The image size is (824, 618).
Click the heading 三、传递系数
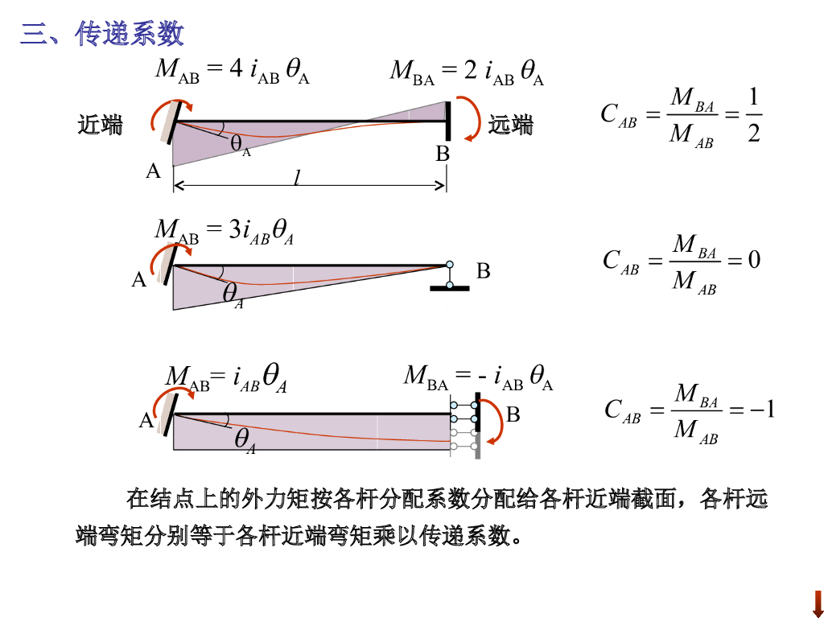[102, 33]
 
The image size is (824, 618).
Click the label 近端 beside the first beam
[100, 125]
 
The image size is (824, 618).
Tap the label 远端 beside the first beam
[511, 125]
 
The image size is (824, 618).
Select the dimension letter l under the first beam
[297, 178]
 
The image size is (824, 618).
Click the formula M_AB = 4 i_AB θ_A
[233, 71]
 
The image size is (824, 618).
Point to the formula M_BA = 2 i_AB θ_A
[467, 71]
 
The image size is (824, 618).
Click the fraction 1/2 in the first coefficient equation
[753, 115]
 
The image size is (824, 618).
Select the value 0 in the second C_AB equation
[754, 260]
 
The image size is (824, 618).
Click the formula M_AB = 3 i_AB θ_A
[225, 230]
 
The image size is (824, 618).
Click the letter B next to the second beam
[483, 271]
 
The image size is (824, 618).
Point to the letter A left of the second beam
[139, 280]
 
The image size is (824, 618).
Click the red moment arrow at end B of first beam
[468, 119]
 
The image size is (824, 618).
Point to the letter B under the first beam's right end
[443, 154]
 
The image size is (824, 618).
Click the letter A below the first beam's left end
[153, 171]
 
